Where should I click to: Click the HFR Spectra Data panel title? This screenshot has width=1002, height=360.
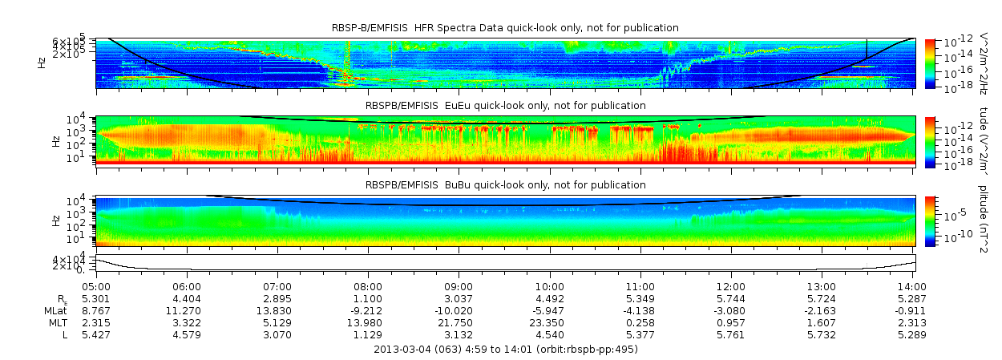pos(505,28)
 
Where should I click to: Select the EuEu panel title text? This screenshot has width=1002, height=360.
pos(505,105)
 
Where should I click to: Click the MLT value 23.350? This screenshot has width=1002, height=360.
pos(550,322)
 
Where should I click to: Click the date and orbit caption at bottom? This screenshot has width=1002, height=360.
pos(505,350)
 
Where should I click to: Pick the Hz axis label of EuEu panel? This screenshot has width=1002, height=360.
pos(56,141)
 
